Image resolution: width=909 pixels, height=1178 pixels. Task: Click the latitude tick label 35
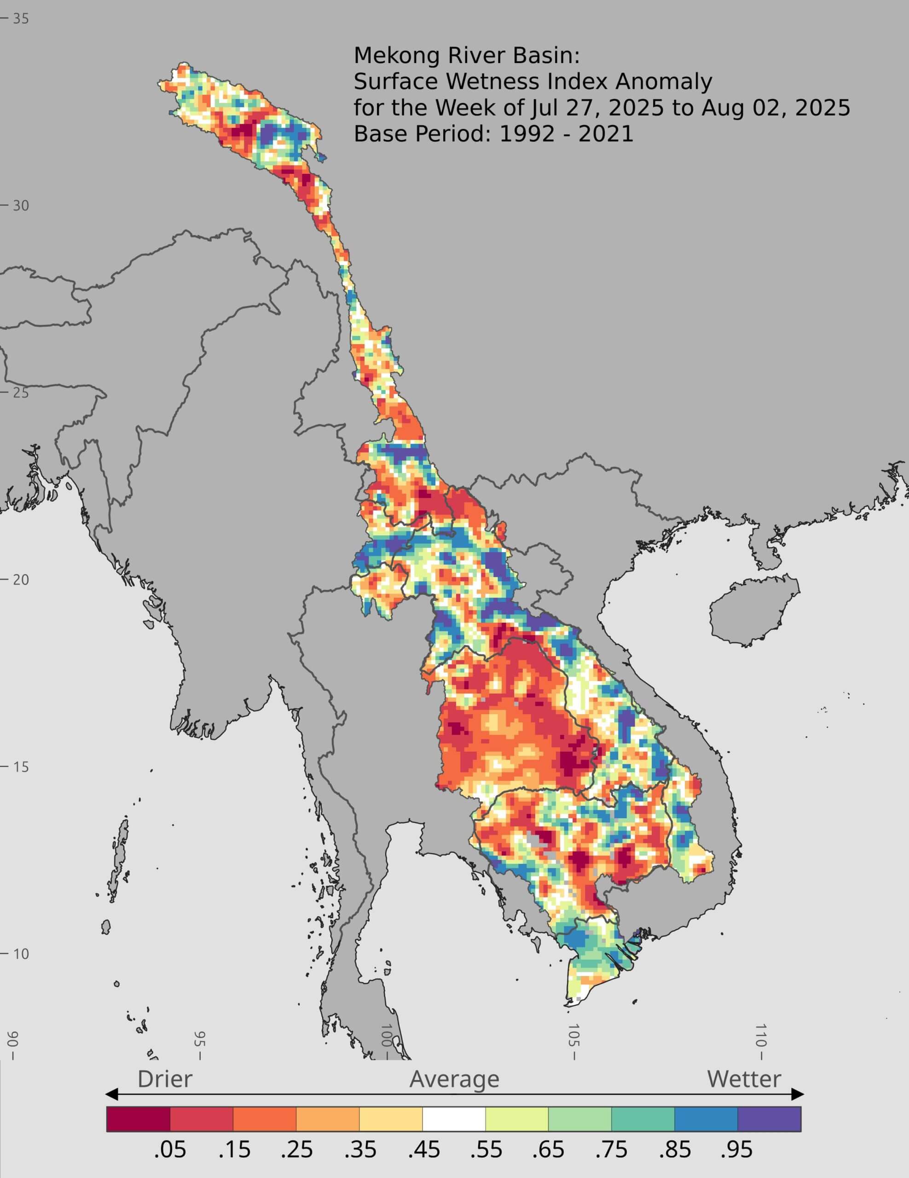pyautogui.click(x=21, y=18)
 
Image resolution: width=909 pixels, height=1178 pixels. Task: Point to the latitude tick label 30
pyautogui.click(x=21, y=206)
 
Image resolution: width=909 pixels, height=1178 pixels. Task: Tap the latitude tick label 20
pyautogui.click(x=21, y=580)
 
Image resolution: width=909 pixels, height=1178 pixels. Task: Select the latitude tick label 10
pyautogui.click(x=21, y=953)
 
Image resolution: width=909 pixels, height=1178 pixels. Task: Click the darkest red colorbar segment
pyautogui.click(x=138, y=1118)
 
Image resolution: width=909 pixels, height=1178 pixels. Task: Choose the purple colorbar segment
pyautogui.click(x=769, y=1118)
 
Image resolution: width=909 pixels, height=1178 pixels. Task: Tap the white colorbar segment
pyautogui.click(x=454, y=1118)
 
